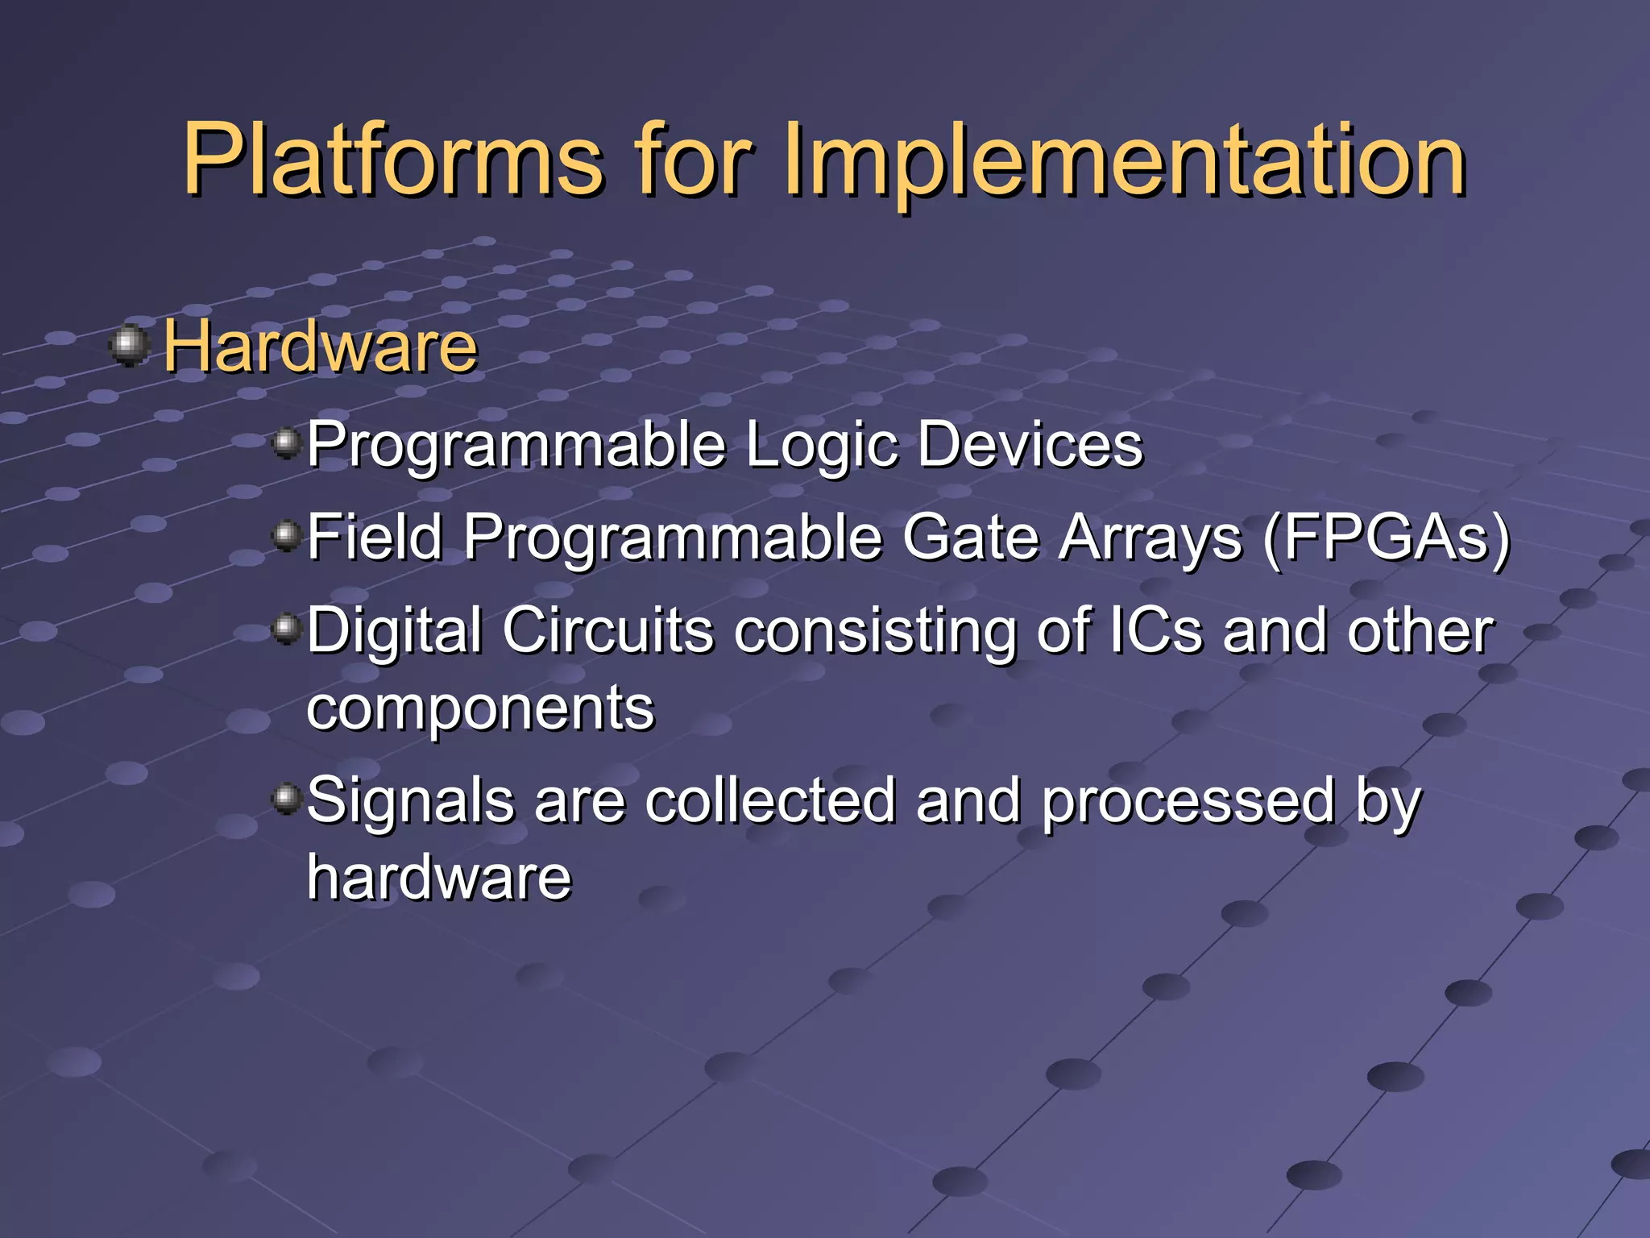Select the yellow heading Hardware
321,347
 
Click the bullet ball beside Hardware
129,346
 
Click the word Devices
1030,444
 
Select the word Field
375,538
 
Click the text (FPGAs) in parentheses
1386,538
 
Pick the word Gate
970,538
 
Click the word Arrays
1150,538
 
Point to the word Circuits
608,629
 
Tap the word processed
1188,802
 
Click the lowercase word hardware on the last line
439,877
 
